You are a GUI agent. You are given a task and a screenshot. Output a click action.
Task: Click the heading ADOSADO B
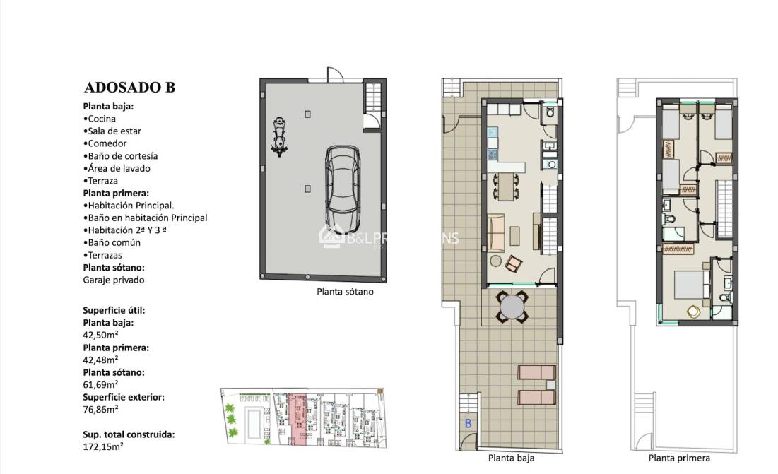tap(129, 88)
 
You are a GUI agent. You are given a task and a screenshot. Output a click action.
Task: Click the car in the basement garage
tap(343, 182)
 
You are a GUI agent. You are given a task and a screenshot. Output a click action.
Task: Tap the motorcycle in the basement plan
tap(279, 136)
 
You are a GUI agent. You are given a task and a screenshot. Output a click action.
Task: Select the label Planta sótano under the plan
tap(345, 291)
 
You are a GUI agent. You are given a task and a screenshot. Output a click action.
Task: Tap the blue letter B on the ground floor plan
tap(468, 423)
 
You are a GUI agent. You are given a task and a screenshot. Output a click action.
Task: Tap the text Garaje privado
tap(114, 280)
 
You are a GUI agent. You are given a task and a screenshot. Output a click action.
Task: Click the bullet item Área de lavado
tap(119, 168)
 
